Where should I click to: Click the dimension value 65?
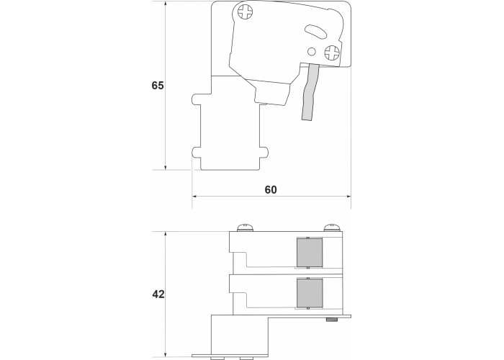[158, 86]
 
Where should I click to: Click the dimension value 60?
[271, 189]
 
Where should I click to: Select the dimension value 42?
[158, 294]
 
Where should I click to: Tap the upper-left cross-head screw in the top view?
[246, 12]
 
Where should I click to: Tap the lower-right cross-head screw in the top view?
[332, 53]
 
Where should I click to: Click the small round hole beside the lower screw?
[312, 51]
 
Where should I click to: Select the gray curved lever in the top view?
[310, 92]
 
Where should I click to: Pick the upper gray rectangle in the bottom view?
[310, 252]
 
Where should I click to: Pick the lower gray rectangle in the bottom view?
[310, 292]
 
